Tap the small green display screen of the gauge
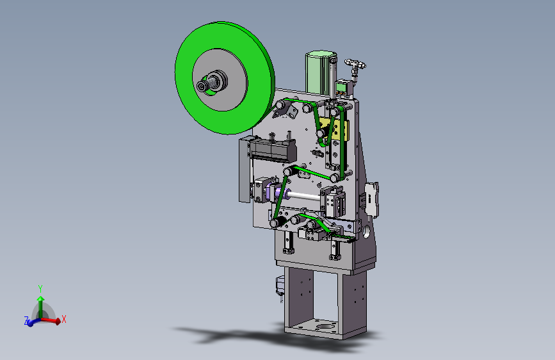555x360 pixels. click(x=341, y=86)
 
